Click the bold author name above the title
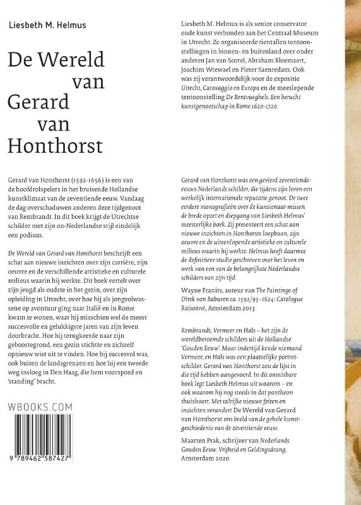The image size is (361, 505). [47, 26]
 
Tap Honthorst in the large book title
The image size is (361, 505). [55, 146]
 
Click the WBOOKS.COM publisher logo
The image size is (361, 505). [41, 408]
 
